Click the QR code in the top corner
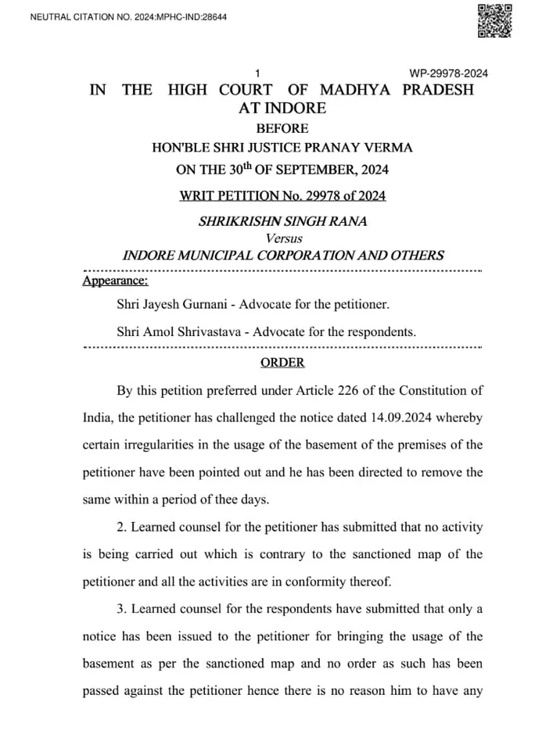click(x=494, y=21)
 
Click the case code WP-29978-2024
click(x=449, y=73)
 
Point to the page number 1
click(x=257, y=73)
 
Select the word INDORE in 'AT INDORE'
click(x=296, y=109)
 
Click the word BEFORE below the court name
click(x=282, y=128)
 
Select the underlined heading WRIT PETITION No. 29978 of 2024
click(x=282, y=195)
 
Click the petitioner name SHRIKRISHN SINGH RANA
click(x=282, y=221)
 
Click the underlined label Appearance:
click(x=114, y=281)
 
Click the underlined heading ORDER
click(x=282, y=363)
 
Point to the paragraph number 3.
click(x=120, y=609)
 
